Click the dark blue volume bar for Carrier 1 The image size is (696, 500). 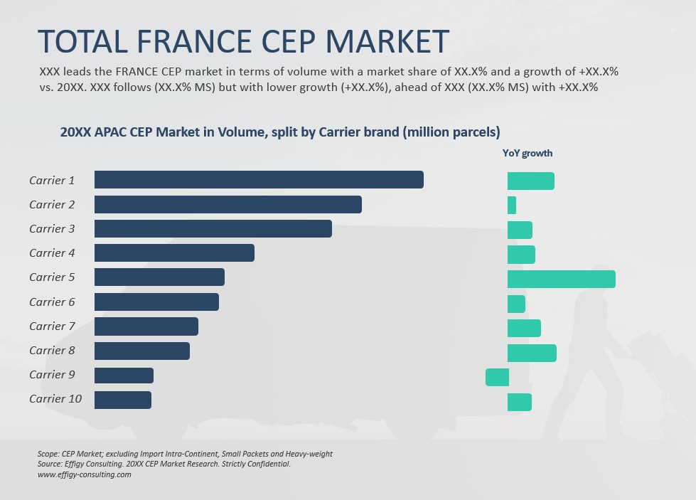pyautogui.click(x=259, y=180)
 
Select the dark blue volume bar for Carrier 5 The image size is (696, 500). pyautogui.click(x=159, y=277)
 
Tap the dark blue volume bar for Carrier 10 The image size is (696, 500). pyautogui.click(x=123, y=400)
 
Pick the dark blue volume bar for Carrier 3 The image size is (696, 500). pyautogui.click(x=213, y=228)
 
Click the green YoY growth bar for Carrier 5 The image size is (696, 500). pyautogui.click(x=561, y=279)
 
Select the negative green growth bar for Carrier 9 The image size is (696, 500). pyautogui.click(x=497, y=377)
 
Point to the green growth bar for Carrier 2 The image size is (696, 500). pyautogui.click(x=512, y=206)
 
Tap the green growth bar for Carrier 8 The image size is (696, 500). pyautogui.click(x=532, y=353)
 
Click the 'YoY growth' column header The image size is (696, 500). pyautogui.click(x=528, y=153)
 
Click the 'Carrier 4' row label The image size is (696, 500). pyautogui.click(x=52, y=252)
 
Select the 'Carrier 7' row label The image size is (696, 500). pyautogui.click(x=52, y=326)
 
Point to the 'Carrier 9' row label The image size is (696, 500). pyautogui.click(x=52, y=374)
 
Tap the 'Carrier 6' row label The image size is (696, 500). pyautogui.click(x=52, y=302)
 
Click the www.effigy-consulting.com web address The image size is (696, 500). pyautogui.click(x=84, y=474)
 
